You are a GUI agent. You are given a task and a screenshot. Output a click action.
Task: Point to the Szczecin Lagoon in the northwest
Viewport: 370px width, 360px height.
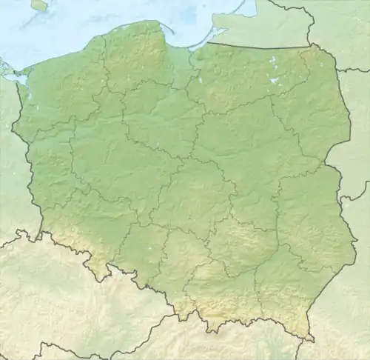[18, 76]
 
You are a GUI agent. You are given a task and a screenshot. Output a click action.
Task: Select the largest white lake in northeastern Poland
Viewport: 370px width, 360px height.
[275, 79]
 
